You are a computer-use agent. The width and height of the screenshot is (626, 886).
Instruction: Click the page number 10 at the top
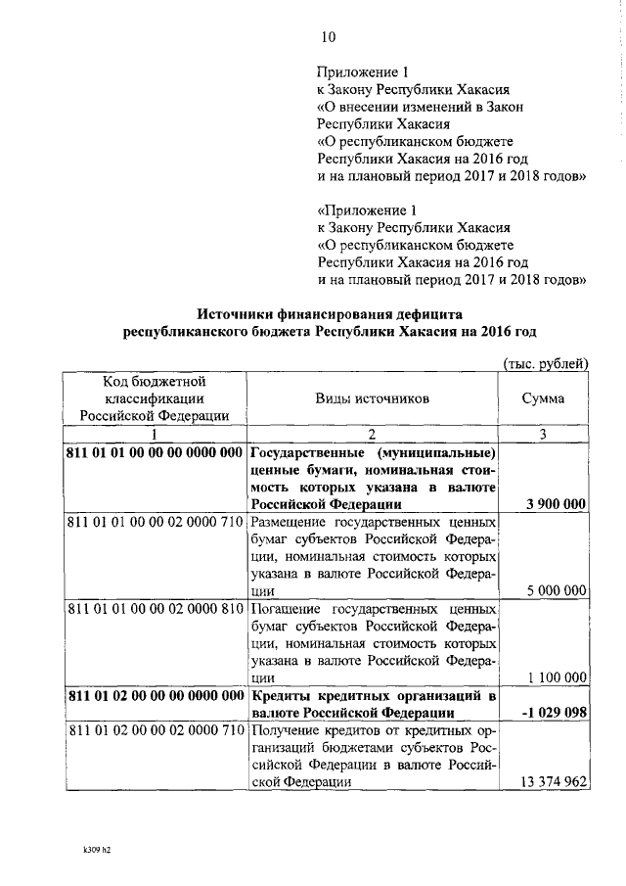click(x=328, y=37)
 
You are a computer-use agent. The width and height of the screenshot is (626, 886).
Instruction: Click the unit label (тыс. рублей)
click(x=544, y=364)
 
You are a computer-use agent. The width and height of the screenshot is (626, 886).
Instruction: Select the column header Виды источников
click(x=372, y=399)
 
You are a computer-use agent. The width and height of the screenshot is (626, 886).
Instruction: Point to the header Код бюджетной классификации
click(x=155, y=399)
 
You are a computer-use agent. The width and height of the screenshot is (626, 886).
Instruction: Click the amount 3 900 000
click(x=555, y=504)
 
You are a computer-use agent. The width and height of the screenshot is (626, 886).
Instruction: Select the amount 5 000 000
click(x=555, y=590)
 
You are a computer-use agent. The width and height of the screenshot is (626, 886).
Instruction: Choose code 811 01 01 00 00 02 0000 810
click(x=155, y=608)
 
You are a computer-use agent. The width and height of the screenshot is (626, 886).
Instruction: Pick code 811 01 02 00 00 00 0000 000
click(x=155, y=695)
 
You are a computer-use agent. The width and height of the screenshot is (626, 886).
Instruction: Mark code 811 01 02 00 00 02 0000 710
click(x=155, y=730)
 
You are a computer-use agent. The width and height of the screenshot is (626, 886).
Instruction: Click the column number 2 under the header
click(x=372, y=434)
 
